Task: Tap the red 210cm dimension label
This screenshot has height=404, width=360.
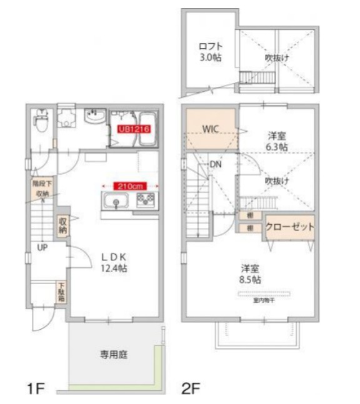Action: tap(130, 185)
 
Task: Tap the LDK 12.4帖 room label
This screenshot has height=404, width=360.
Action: tap(114, 262)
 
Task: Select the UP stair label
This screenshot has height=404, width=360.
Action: tap(41, 247)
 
